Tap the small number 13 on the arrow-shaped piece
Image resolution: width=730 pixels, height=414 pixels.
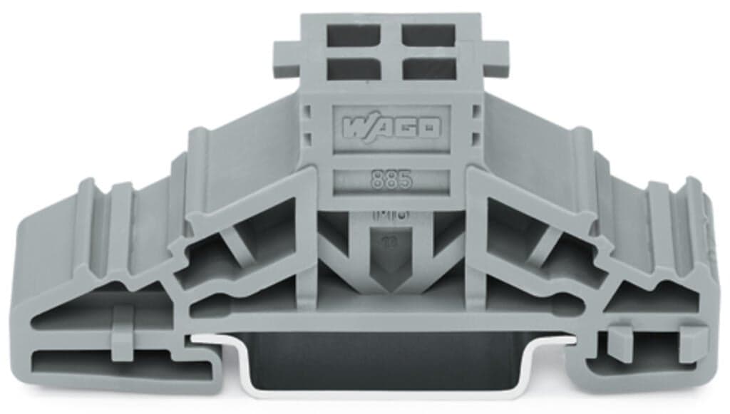coord(391,242)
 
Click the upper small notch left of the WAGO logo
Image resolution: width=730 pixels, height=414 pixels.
coord(308,114)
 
